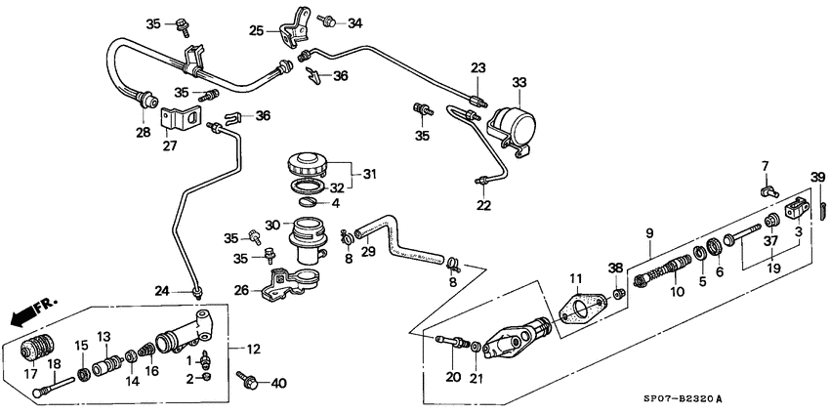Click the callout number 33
(519, 82)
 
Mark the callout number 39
(818, 176)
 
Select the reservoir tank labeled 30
(309, 238)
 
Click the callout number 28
(143, 131)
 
